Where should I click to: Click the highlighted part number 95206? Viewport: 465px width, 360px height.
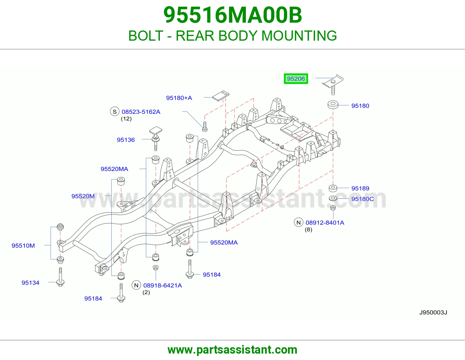296,79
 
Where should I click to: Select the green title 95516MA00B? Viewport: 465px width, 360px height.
233,15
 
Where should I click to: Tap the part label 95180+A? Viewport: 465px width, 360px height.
179,98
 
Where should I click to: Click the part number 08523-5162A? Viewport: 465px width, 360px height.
141,112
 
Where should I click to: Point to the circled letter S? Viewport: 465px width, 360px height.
115,111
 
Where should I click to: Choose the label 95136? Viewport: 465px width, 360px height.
126,140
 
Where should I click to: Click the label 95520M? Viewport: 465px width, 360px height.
83,196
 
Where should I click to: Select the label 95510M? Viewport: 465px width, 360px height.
23,245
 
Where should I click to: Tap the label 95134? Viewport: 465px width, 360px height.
31,282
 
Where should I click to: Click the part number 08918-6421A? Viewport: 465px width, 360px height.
163,285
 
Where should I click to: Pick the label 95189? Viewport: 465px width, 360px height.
360,188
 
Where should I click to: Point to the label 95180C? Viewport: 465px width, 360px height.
362,199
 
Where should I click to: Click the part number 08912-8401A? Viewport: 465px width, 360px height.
325,223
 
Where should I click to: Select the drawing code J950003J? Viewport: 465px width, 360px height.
433,313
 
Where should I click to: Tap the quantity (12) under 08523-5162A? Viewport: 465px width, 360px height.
126,119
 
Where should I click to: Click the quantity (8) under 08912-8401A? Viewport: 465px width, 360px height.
308,230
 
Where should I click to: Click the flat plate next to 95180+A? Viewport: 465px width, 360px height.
221,96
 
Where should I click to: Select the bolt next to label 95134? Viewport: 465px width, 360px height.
60,277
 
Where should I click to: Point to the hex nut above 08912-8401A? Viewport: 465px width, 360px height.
333,208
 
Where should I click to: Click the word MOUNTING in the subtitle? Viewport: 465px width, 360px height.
299,36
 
